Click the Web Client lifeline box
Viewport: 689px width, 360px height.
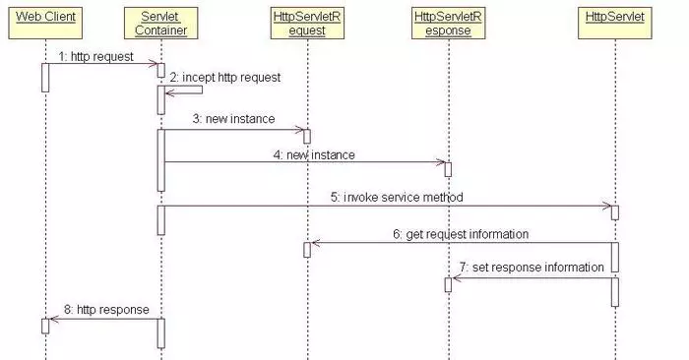pos(44,17)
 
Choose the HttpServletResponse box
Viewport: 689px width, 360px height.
pos(448,24)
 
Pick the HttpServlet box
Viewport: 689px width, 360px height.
pos(614,17)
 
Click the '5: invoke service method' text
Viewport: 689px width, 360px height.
pos(397,197)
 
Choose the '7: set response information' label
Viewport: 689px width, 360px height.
pos(532,267)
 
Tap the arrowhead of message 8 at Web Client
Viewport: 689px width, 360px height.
pos(53,319)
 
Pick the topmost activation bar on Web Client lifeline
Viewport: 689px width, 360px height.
pos(45,78)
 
